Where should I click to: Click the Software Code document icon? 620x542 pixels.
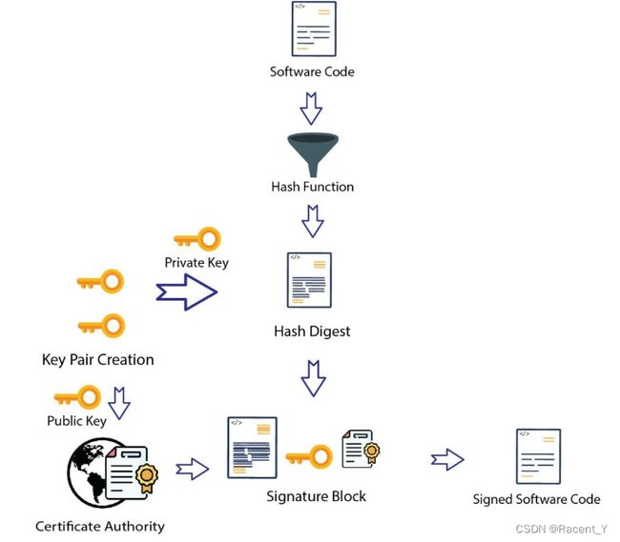click(314, 29)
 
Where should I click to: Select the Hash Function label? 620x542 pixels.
click(312, 187)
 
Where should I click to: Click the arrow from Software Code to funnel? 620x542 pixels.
click(311, 109)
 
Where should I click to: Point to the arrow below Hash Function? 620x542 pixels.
click(313, 221)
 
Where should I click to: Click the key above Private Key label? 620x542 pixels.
click(197, 239)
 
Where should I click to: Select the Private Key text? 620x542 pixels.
click(196, 263)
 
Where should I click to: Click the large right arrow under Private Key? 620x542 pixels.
click(186, 292)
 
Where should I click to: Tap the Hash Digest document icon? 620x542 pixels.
click(309, 280)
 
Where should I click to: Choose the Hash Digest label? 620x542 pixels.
click(312, 331)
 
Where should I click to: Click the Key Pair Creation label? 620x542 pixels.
click(97, 360)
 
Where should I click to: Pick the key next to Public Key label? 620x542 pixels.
click(77, 397)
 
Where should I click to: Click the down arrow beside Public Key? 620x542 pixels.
click(119, 403)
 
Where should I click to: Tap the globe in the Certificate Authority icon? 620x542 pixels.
click(88, 472)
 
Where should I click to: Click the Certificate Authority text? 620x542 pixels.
click(100, 527)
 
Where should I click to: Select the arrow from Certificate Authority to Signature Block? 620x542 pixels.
click(192, 469)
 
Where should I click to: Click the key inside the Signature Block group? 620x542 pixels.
click(309, 456)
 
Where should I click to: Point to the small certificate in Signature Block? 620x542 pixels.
click(361, 449)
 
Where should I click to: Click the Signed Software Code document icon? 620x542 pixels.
click(538, 456)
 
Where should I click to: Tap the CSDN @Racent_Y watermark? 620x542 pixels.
click(562, 529)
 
